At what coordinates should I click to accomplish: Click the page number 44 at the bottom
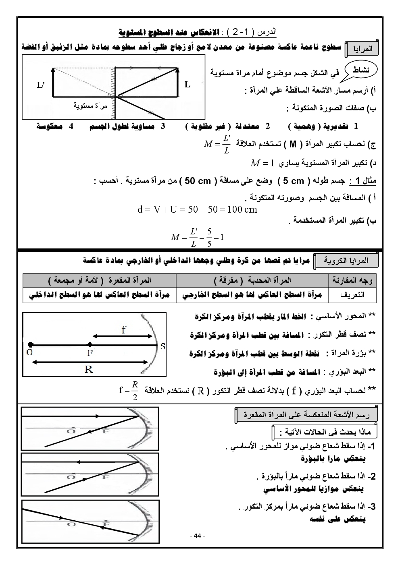(x=197, y=536)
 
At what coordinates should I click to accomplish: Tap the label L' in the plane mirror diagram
(x=41, y=85)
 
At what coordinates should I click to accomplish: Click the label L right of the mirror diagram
(x=187, y=85)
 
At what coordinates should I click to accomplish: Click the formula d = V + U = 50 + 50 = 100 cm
(x=197, y=209)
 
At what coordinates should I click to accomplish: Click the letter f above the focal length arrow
(x=124, y=330)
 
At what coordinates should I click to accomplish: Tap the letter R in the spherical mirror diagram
(x=89, y=369)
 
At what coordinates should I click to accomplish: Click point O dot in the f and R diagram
(x=31, y=345)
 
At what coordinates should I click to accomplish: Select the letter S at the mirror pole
(x=162, y=346)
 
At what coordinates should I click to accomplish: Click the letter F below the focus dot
(x=90, y=353)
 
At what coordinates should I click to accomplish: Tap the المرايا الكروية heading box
(x=347, y=261)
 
